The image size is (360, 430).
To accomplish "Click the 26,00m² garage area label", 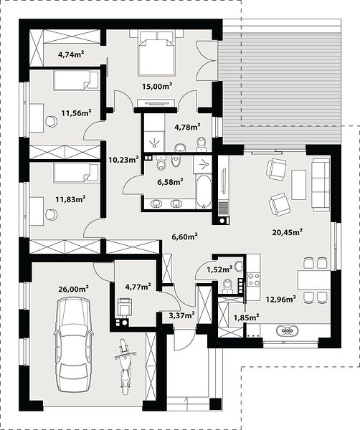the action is tap(73, 289).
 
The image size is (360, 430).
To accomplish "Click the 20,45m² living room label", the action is tap(288, 232).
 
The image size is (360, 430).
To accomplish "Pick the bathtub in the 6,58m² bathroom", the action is tap(204, 191).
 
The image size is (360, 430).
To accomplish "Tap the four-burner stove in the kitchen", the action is tap(254, 279).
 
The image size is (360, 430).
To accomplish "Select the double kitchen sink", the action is tap(288, 330).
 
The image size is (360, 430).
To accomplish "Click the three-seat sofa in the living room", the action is tap(321, 185).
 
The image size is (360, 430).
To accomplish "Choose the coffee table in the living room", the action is tap(299, 185).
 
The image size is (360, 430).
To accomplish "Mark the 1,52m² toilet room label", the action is tap(219, 269).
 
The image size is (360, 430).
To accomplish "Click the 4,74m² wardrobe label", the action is tap(71, 54).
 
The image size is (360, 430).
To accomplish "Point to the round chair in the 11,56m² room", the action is tap(52, 121).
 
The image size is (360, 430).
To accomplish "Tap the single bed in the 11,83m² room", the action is tap(76, 173).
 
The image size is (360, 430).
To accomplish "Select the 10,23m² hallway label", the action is tap(123, 159).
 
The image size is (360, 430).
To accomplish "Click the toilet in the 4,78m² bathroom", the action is tap(202, 144).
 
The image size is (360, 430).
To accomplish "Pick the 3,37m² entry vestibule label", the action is tap(182, 315).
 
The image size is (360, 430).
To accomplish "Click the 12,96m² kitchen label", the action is tap(280, 299).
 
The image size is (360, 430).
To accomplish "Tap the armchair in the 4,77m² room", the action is tap(124, 307).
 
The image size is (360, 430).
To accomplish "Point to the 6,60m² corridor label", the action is tap(185, 236).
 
